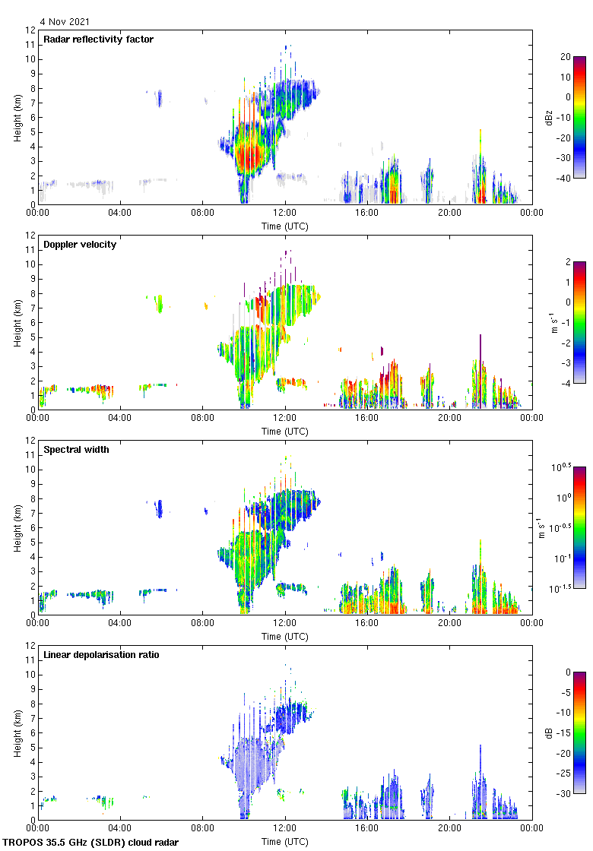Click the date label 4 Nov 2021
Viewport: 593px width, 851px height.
65,22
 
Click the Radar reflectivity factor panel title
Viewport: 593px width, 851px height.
98,40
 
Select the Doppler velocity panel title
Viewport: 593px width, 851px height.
80,245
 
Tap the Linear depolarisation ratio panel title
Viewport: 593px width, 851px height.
101,655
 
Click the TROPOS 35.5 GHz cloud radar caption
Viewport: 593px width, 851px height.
91,843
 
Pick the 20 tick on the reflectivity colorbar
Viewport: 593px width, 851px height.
565,57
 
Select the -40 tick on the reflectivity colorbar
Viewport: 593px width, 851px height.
566,178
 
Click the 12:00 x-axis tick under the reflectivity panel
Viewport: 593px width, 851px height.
285,214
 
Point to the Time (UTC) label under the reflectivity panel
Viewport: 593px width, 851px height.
285,226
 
